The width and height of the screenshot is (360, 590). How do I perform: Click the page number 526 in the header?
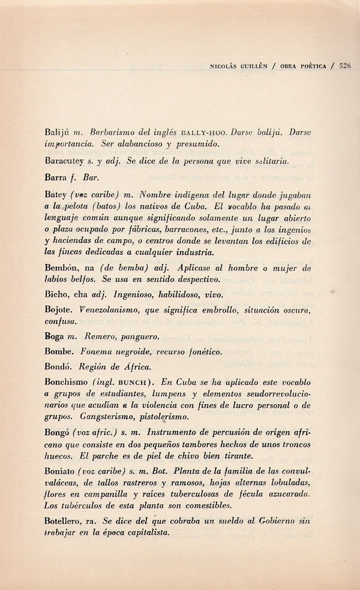pyautogui.click(x=344, y=66)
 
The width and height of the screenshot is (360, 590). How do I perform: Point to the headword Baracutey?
pyautogui.click(x=64, y=161)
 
